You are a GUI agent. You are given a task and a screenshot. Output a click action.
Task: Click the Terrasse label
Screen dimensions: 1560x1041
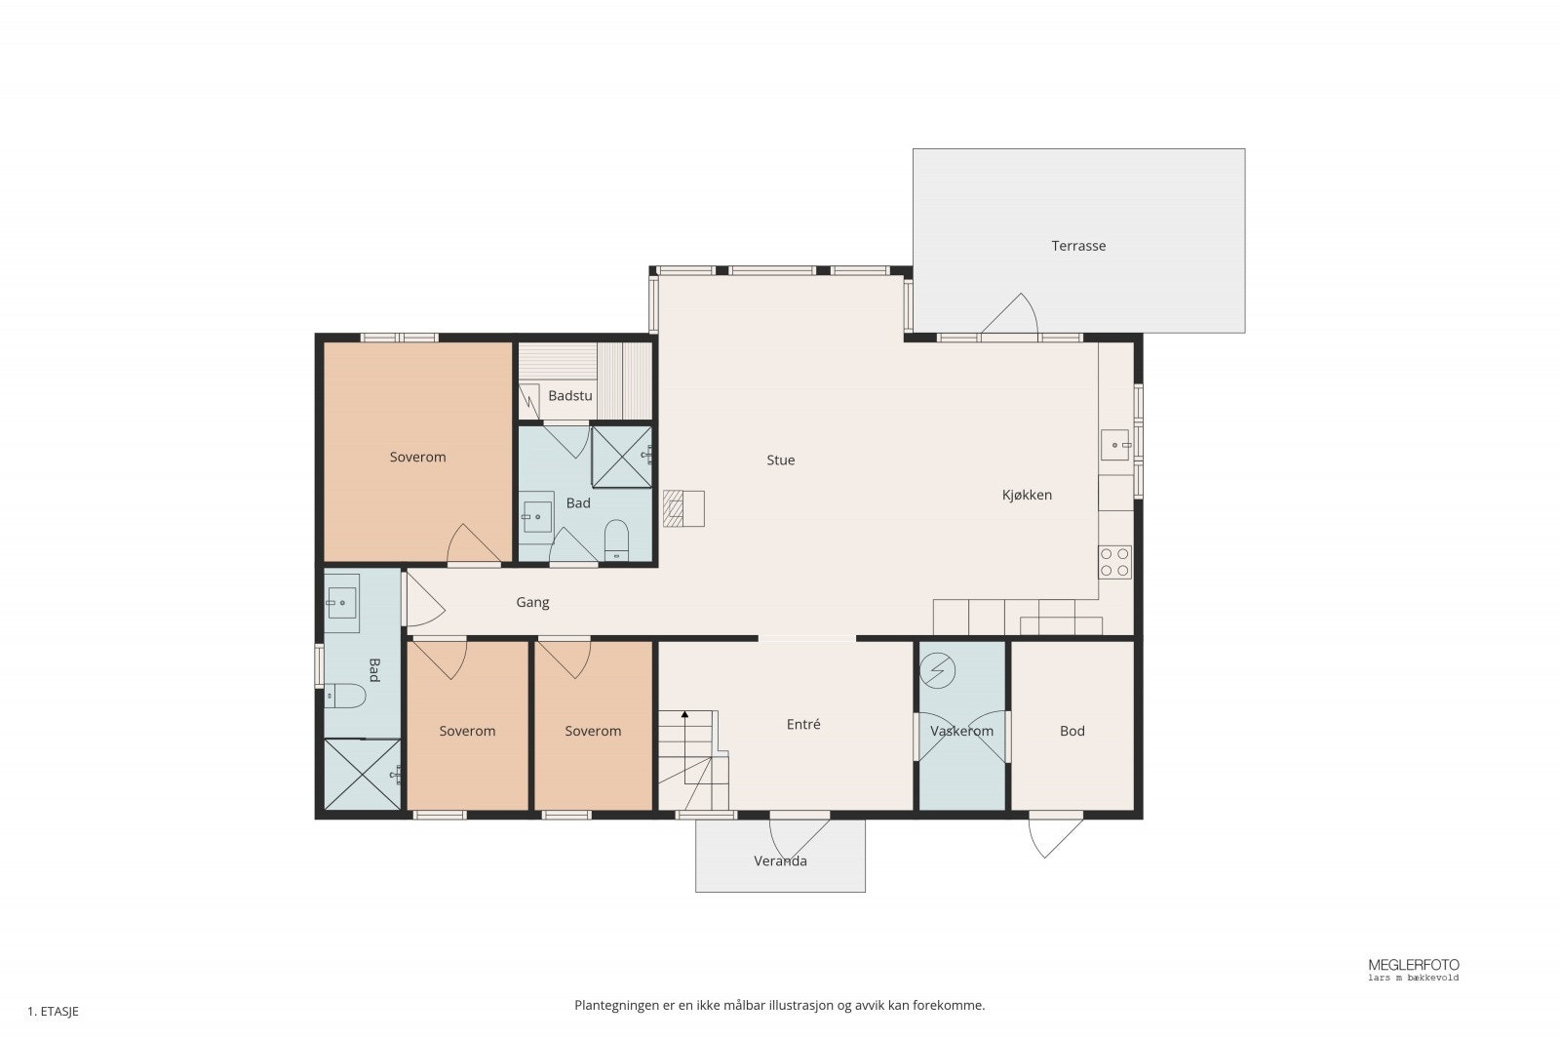(1078, 245)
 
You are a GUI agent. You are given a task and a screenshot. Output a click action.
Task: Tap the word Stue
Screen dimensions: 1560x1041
(780, 460)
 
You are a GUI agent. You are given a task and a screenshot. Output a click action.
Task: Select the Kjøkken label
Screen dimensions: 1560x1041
(1027, 495)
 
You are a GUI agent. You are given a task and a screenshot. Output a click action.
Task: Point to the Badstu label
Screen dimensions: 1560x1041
(569, 396)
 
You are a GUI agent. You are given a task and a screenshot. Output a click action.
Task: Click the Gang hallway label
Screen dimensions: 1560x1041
(532, 602)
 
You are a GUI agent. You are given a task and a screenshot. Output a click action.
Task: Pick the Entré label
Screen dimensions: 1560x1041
(803, 724)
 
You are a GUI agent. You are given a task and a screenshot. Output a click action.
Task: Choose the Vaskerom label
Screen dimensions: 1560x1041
(961, 731)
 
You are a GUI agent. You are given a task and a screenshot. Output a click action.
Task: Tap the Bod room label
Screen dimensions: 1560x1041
(1072, 731)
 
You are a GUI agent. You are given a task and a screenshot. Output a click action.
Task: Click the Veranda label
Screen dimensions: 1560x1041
(780, 861)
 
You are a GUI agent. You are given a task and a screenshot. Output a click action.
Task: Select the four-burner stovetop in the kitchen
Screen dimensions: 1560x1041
(1114, 562)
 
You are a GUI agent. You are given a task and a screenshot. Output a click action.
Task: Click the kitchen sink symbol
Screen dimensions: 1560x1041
(1115, 445)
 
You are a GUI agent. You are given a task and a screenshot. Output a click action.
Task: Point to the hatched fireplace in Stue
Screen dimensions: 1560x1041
(673, 508)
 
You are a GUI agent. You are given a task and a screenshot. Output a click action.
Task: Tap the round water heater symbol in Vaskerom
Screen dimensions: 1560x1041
(937, 671)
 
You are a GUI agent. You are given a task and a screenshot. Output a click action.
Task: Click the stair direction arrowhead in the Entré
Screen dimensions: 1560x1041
(684, 714)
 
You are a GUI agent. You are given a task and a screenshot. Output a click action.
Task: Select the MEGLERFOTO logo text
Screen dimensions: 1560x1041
(1413, 965)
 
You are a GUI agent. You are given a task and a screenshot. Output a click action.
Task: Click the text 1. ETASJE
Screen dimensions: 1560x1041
(53, 1012)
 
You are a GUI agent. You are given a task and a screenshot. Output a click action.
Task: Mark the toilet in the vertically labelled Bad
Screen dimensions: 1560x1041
(345, 696)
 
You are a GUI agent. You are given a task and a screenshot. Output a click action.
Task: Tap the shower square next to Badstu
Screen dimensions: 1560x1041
(621, 458)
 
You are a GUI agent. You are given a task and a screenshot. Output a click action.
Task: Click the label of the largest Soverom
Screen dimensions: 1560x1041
(417, 458)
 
